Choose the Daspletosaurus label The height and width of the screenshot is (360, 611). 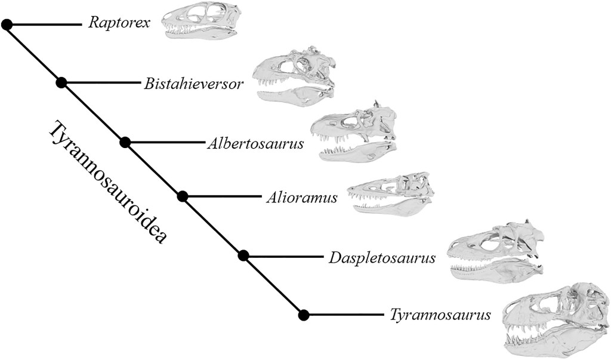click(381, 258)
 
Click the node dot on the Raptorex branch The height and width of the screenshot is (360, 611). click(7, 24)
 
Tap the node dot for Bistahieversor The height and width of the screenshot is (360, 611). click(61, 83)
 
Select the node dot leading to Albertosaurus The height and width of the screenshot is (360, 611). click(125, 142)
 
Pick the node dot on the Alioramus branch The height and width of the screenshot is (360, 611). click(183, 196)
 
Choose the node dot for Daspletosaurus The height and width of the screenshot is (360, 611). click(243, 256)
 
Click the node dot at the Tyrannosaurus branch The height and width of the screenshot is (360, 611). click(304, 314)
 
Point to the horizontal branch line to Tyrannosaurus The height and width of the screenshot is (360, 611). click(343, 314)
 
